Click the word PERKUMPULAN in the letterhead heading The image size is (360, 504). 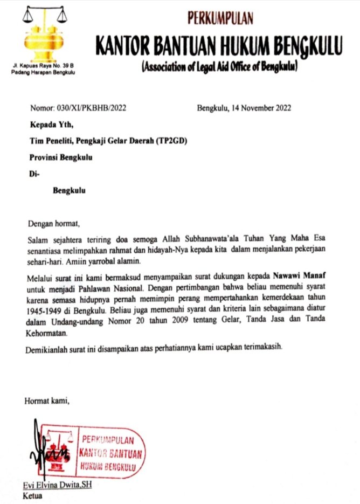[220, 20]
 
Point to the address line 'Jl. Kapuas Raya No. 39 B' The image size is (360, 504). [38, 65]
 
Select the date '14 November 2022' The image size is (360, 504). [261, 107]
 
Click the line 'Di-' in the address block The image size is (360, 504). [33, 174]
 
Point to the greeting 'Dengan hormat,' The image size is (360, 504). [52, 222]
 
